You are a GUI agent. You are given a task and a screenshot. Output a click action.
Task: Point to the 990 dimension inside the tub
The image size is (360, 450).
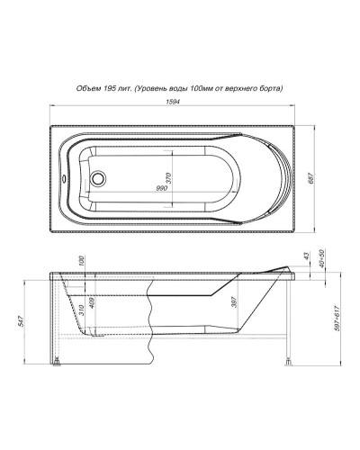tap(162, 188)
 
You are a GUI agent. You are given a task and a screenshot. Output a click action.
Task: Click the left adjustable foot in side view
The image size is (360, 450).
tap(58, 364)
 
